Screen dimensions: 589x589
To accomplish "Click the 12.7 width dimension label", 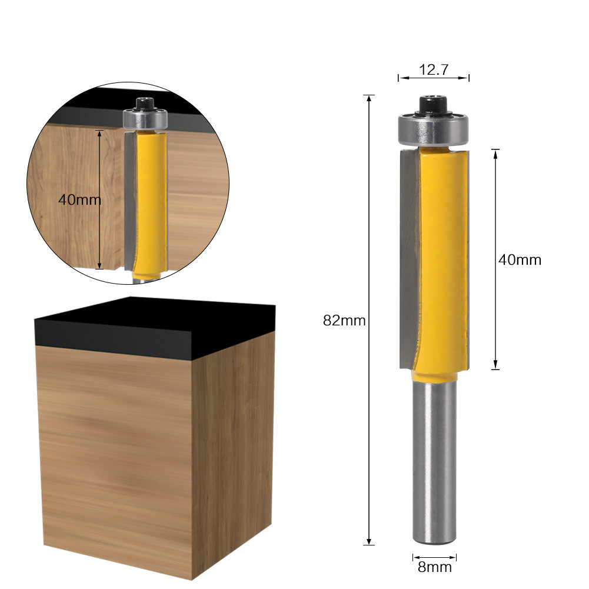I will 434,69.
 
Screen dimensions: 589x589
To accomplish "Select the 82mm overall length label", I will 344,321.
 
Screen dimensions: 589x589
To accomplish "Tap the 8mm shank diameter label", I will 434,567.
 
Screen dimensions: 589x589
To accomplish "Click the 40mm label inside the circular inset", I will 79,199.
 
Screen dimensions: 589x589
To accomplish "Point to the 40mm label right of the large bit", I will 520,259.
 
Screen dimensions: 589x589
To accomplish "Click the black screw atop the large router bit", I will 434,104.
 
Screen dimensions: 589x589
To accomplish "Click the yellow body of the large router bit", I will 438,259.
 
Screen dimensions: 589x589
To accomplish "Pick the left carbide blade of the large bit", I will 408,259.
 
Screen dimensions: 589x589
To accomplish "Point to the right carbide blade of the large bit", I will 467,259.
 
